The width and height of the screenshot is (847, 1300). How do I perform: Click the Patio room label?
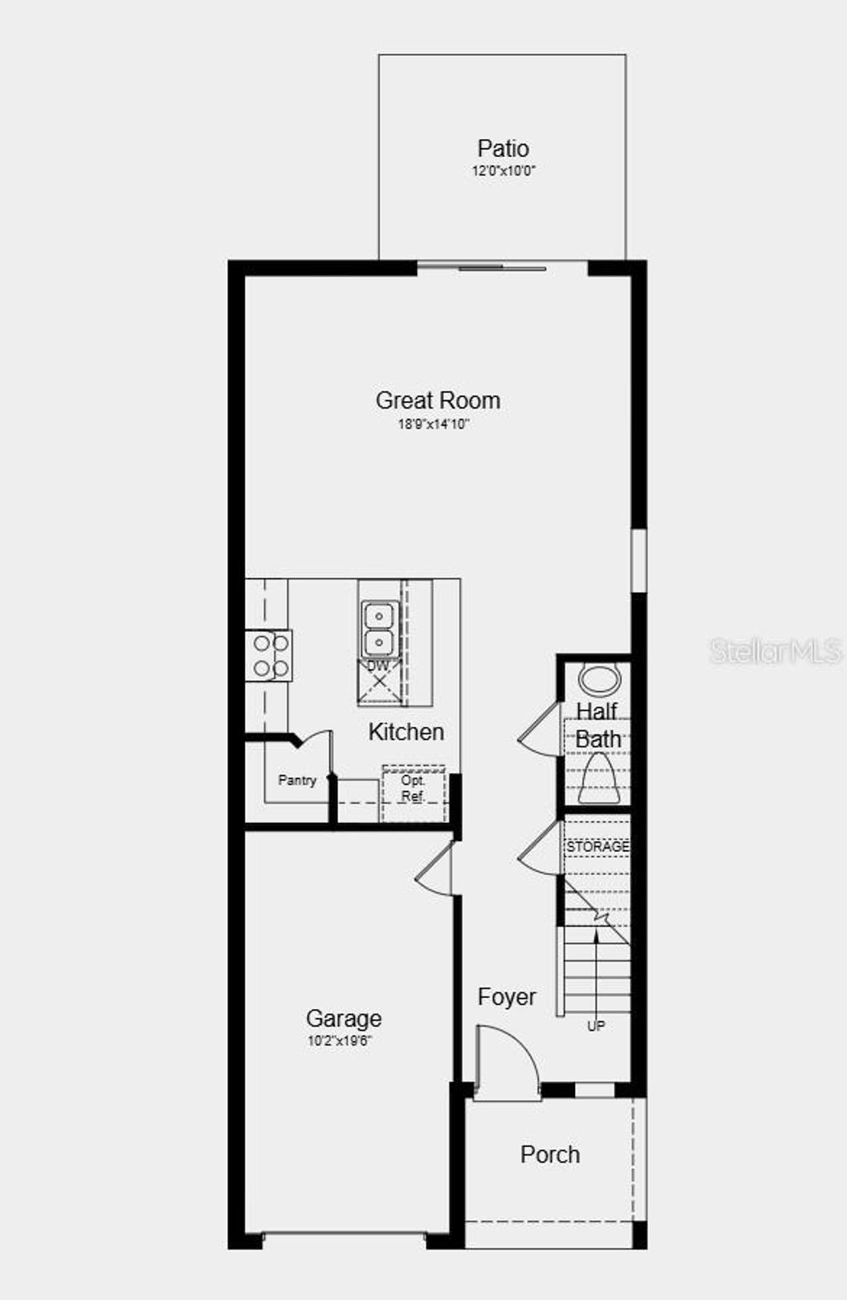[503, 149]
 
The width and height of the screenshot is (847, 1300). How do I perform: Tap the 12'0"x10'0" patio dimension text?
[504, 171]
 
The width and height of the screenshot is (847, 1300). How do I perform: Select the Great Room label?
[438, 400]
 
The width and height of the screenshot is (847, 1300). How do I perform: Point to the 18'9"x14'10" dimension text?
[434, 424]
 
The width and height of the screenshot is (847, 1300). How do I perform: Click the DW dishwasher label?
[378, 666]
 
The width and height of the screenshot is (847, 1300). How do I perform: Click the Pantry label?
[297, 780]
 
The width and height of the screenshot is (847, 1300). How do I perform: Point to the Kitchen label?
[406, 732]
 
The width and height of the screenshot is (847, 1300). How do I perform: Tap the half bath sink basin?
[599, 679]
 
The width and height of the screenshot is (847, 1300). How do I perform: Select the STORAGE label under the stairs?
[597, 847]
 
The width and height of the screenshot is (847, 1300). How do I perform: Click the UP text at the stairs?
[596, 1026]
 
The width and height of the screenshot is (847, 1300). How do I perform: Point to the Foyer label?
[506, 997]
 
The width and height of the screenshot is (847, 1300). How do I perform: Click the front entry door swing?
[506, 1063]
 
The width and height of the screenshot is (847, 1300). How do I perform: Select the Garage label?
[343, 1019]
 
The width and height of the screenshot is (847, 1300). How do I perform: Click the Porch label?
[550, 1154]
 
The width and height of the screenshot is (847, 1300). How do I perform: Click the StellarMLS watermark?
[775, 651]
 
